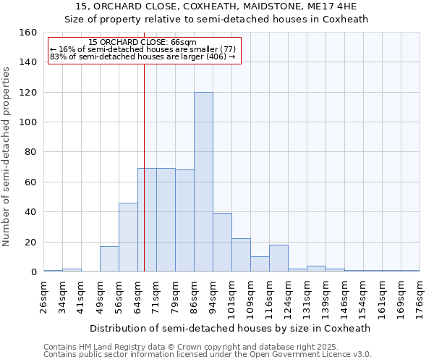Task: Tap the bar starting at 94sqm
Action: (222, 243)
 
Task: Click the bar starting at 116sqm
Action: (278, 258)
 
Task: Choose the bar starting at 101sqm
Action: (241, 256)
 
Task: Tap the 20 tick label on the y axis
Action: (31, 243)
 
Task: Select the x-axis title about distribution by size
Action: (231, 328)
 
